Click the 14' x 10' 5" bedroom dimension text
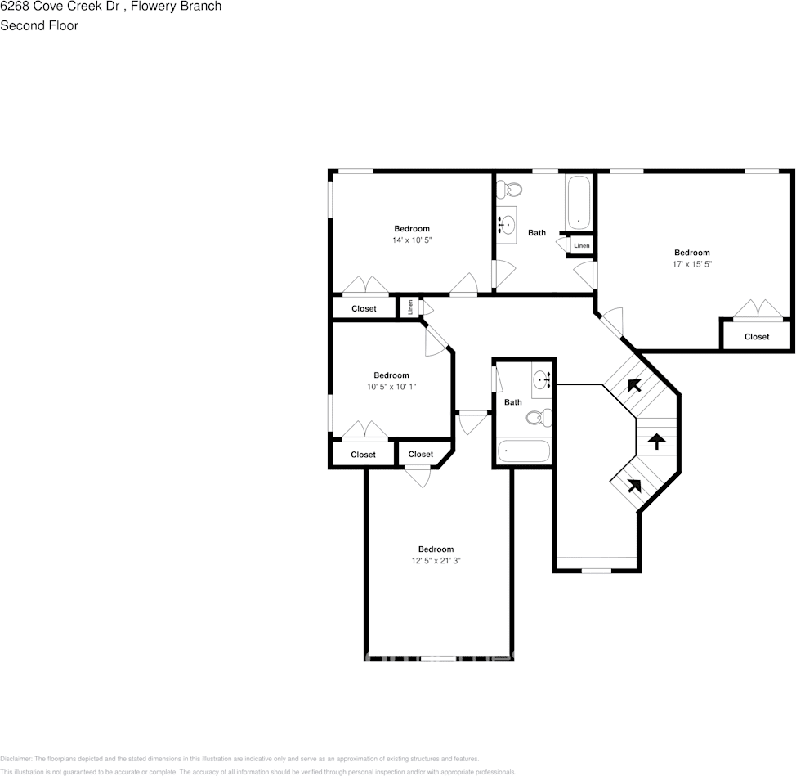click(412, 240)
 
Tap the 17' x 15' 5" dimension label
click(691, 264)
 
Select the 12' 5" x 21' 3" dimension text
click(436, 560)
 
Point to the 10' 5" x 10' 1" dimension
click(391, 387)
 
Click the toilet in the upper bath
click(512, 191)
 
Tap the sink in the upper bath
click(508, 222)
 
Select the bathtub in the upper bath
click(578, 203)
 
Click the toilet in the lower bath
click(535, 418)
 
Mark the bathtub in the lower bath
click(523, 451)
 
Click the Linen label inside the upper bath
click(581, 245)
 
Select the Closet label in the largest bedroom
click(757, 337)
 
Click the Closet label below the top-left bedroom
click(364, 308)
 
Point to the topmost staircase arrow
click(633, 384)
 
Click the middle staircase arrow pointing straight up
click(655, 442)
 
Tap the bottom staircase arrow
click(633, 484)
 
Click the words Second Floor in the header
click(39, 25)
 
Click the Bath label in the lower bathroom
click(513, 402)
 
